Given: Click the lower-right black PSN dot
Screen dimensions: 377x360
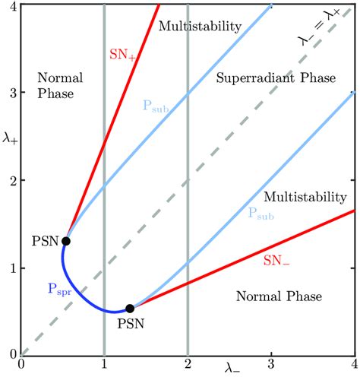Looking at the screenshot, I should (x=130, y=308).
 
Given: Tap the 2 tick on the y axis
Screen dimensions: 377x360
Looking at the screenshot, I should (x=11, y=180).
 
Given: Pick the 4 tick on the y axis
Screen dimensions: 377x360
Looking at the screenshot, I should (x=11, y=6).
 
